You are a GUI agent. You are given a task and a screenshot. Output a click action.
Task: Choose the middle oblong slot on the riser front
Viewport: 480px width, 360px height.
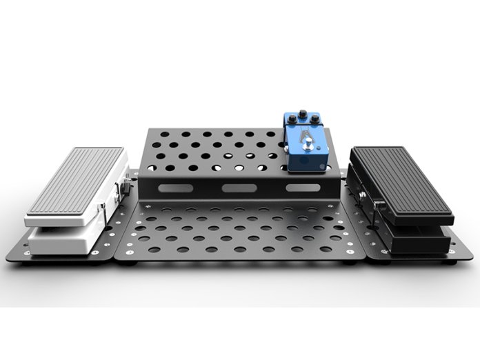[x=236, y=188]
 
